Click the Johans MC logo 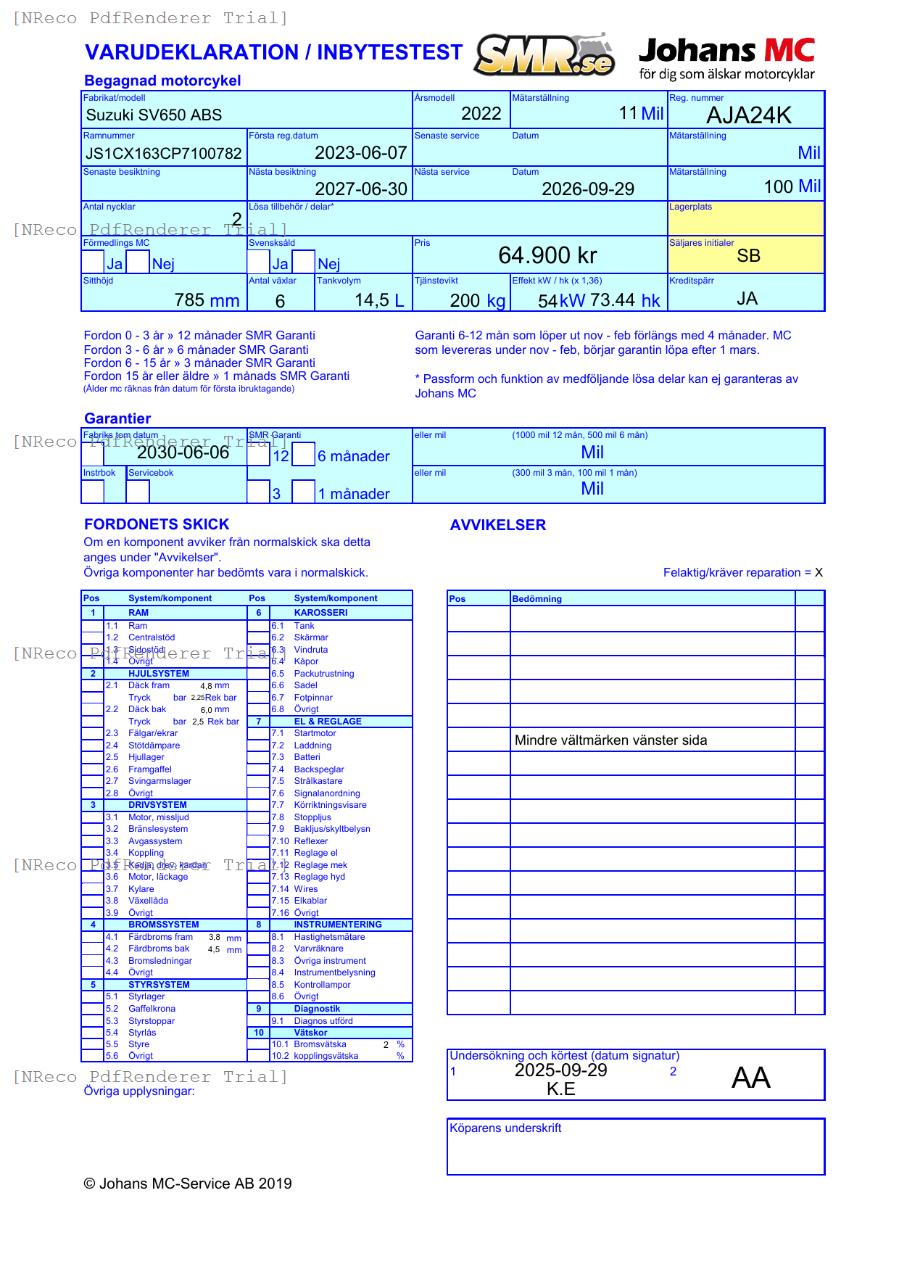coord(726,58)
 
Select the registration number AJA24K coord(748,115)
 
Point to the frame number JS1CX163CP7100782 coord(164,153)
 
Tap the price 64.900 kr coord(547,255)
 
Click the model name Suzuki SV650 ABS coord(154,115)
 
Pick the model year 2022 coord(481,114)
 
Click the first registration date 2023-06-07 coord(360,153)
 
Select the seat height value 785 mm coord(207,300)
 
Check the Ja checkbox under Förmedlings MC coord(93,262)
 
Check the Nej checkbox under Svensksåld coord(304,262)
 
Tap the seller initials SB coord(748,256)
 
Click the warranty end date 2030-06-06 coord(183,453)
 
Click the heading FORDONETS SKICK coord(157,524)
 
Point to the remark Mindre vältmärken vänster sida coord(610,740)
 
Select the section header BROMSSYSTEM coord(163,925)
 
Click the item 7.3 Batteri coord(307,757)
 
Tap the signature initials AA coord(750,1078)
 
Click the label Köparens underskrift coord(505,1128)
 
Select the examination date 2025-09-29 coord(560,1070)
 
